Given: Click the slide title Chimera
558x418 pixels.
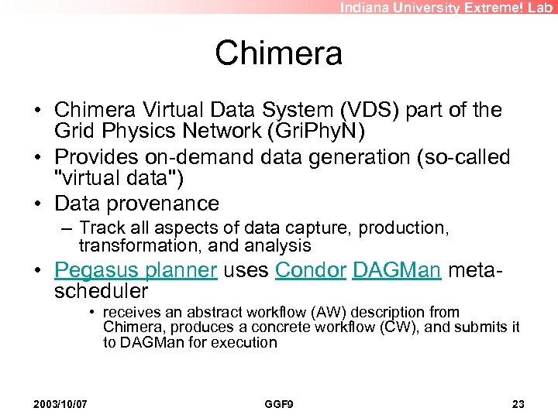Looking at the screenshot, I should [x=278, y=53].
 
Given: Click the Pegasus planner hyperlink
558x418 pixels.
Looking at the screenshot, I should [x=136, y=270].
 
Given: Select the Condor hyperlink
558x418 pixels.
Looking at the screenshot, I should [x=310, y=270].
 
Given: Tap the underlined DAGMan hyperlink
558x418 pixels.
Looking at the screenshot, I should [x=396, y=270].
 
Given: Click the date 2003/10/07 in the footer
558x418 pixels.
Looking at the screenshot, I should [x=60, y=404].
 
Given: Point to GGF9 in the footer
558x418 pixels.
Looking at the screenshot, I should [x=278, y=404].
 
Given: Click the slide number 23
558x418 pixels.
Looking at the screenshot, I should [x=518, y=404].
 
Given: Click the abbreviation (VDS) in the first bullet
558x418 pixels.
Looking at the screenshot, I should [x=323, y=111].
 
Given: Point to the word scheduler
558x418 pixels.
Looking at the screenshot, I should [x=101, y=291].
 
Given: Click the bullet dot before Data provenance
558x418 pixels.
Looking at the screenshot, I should [x=36, y=204].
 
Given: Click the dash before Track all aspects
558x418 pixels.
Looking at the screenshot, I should [x=68, y=228].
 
